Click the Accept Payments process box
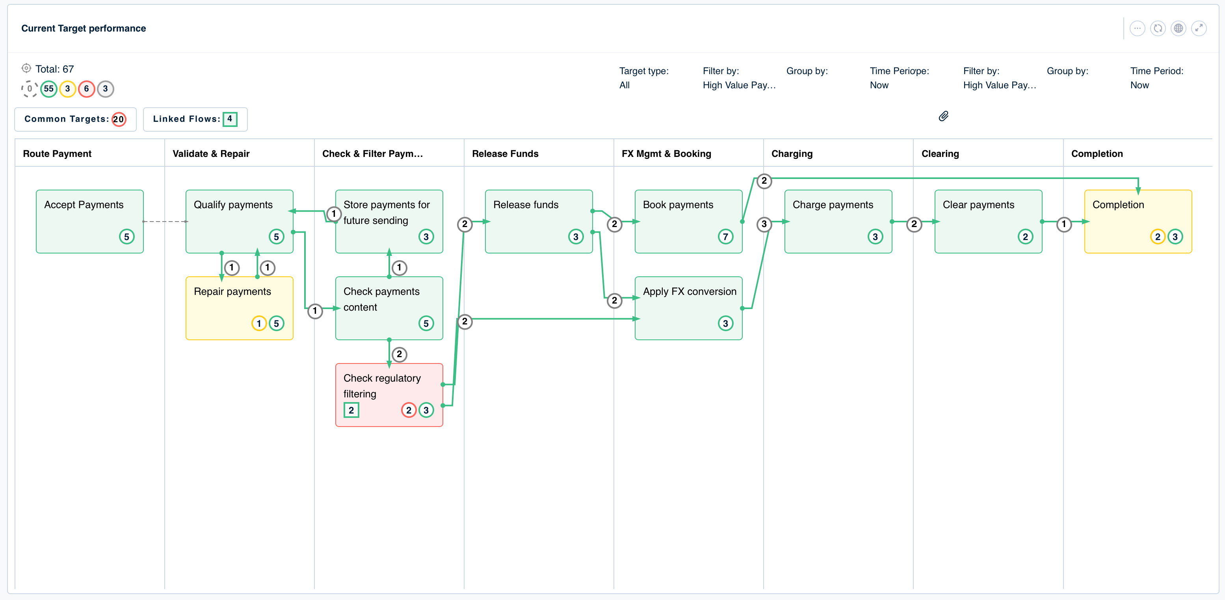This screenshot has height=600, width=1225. coord(89,221)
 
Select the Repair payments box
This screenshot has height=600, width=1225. coord(239,308)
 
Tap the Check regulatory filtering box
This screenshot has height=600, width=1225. coord(389,395)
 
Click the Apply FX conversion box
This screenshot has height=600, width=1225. coord(688,308)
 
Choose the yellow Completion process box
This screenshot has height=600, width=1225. coord(1138,221)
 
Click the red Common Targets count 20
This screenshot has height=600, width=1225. coord(119,119)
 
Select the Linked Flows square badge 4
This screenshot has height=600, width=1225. coord(230,119)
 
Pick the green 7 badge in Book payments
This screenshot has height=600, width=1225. coord(725,237)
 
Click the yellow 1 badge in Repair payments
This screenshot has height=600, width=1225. coord(259,324)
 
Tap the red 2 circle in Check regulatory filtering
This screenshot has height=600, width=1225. coord(409,410)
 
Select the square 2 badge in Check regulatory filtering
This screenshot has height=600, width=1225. coord(351,410)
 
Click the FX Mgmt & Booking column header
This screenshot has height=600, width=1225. coord(666,154)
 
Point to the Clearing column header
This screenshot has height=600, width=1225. coord(940,154)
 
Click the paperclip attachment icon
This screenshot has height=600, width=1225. coord(944,116)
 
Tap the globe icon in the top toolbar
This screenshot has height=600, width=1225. coord(1179,28)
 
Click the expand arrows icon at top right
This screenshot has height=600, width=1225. coord(1199,28)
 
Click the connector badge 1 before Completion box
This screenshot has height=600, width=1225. coord(1064,224)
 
